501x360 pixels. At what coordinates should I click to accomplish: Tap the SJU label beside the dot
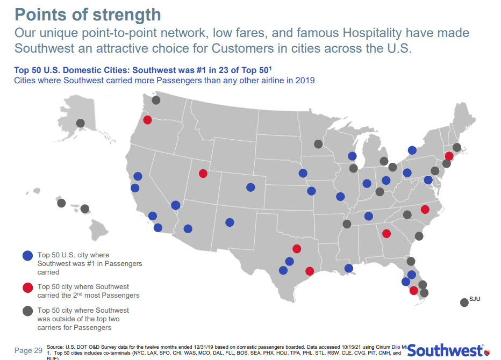click(474, 298)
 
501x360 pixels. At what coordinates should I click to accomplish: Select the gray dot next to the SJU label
click(464, 303)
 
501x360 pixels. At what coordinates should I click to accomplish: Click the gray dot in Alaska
click(81, 123)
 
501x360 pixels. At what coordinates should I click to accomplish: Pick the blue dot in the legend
click(28, 256)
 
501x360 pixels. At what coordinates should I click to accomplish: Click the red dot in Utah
click(203, 174)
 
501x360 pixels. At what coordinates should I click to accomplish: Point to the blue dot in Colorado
click(251, 188)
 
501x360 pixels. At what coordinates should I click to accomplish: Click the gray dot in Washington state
click(156, 100)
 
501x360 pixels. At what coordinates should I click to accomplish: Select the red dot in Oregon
click(147, 120)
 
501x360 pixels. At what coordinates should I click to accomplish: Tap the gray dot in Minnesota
click(318, 144)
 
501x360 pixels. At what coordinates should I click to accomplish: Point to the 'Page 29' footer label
click(28, 350)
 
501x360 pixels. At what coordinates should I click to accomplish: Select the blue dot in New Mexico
click(230, 222)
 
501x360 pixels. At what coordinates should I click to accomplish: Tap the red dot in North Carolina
click(425, 209)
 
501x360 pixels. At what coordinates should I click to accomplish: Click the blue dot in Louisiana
click(348, 268)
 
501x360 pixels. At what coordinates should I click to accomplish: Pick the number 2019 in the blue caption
click(305, 81)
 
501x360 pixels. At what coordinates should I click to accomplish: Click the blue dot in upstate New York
click(412, 150)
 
